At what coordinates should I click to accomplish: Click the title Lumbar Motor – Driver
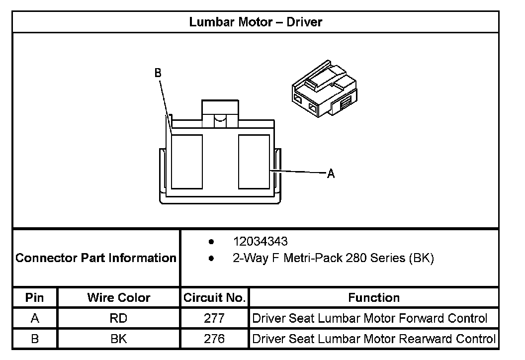pyautogui.click(x=256, y=22)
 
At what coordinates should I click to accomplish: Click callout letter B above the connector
pyautogui.click(x=158, y=73)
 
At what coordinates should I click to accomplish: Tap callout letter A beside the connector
pyautogui.click(x=331, y=174)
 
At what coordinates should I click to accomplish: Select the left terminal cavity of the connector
pyautogui.click(x=187, y=162)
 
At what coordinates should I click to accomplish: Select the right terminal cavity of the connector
pyautogui.click(x=254, y=162)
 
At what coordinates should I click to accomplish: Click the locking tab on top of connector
pyautogui.click(x=220, y=110)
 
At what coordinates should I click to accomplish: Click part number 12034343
pyautogui.click(x=260, y=242)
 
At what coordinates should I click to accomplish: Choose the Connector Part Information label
pyautogui.click(x=96, y=258)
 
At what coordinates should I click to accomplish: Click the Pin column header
pyautogui.click(x=35, y=298)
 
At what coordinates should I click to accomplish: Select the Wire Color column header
pyautogui.click(x=118, y=298)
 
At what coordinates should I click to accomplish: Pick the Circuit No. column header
pyautogui.click(x=214, y=298)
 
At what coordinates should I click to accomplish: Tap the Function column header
pyautogui.click(x=374, y=298)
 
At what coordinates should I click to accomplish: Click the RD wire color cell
pyautogui.click(x=118, y=318)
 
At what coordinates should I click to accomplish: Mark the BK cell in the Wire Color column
pyautogui.click(x=118, y=339)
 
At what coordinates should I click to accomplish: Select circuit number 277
pyautogui.click(x=214, y=318)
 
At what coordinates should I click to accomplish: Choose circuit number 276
pyautogui.click(x=214, y=339)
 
